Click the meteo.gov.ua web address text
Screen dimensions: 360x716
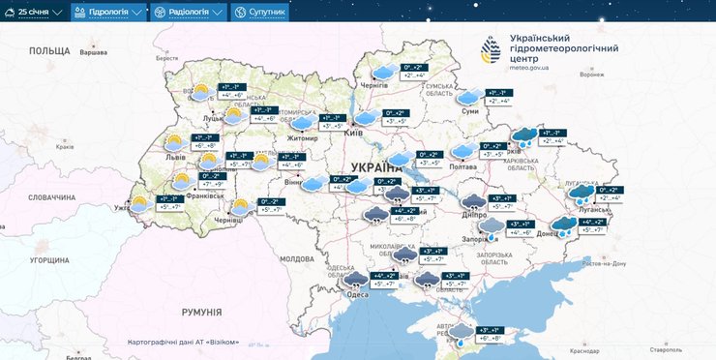coord(528,69)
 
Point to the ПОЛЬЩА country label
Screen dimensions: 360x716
coord(49,49)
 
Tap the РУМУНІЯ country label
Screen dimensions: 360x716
coord(202,312)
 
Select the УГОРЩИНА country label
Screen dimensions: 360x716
coord(48,260)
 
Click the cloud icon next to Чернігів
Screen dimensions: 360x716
coord(383,72)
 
